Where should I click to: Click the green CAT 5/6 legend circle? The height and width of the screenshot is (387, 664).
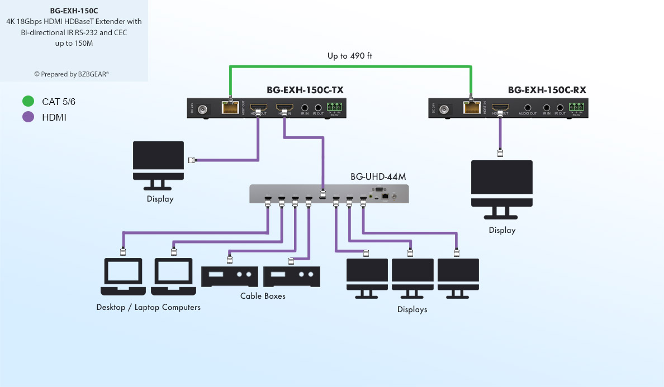pos(28,102)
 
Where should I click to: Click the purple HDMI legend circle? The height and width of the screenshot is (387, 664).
pos(28,117)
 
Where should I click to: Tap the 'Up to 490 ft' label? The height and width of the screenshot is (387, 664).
pos(350,56)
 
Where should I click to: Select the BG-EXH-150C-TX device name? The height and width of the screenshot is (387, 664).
pos(305,90)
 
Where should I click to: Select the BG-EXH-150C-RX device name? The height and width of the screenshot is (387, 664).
pos(547,90)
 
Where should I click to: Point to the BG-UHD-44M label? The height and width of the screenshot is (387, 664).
pos(378,176)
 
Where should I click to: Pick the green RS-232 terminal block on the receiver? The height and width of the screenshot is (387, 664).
pos(576,107)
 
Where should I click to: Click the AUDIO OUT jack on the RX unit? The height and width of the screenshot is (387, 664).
pos(528,108)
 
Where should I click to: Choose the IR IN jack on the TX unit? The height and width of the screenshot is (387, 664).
pos(305,108)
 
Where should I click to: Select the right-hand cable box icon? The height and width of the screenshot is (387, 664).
pos(291,276)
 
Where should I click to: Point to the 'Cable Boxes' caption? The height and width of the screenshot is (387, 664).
pos(263,296)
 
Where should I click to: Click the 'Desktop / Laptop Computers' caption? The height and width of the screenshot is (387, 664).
pos(148,307)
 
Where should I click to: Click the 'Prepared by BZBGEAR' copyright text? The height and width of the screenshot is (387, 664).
pos(72,74)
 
